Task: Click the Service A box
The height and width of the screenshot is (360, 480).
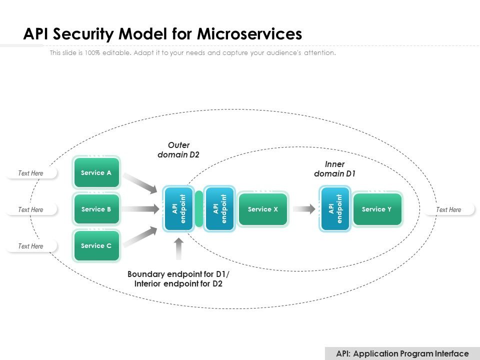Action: (x=96, y=173)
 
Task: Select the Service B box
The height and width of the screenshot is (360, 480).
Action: (x=96, y=209)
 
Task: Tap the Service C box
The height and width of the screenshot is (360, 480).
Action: (x=96, y=245)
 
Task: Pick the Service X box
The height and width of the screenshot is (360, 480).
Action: (x=263, y=209)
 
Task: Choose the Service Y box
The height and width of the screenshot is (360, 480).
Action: (x=377, y=209)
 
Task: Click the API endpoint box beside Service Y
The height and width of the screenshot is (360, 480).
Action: (x=335, y=209)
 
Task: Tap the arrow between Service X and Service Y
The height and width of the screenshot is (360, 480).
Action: (x=304, y=209)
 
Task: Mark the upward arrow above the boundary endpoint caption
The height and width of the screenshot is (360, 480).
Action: (x=178, y=248)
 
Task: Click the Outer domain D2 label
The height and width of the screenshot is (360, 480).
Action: (x=178, y=150)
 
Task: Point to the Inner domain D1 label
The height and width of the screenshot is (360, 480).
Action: (x=334, y=169)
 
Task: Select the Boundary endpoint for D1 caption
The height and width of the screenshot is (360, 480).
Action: (x=178, y=279)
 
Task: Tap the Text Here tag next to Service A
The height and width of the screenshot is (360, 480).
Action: (x=31, y=173)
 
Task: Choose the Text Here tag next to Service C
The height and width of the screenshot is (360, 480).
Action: (x=31, y=246)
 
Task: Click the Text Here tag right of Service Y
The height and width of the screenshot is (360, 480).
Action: (x=448, y=209)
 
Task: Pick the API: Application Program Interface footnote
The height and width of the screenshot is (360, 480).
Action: (x=402, y=353)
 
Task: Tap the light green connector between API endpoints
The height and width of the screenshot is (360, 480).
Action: (x=198, y=209)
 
